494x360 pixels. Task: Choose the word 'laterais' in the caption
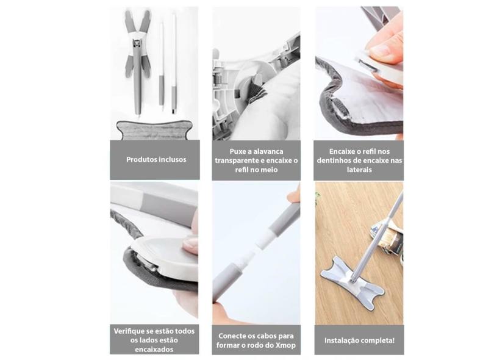pos(359,170)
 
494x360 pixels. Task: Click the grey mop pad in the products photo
pos(154,130)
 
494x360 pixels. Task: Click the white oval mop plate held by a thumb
pos(165,257)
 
